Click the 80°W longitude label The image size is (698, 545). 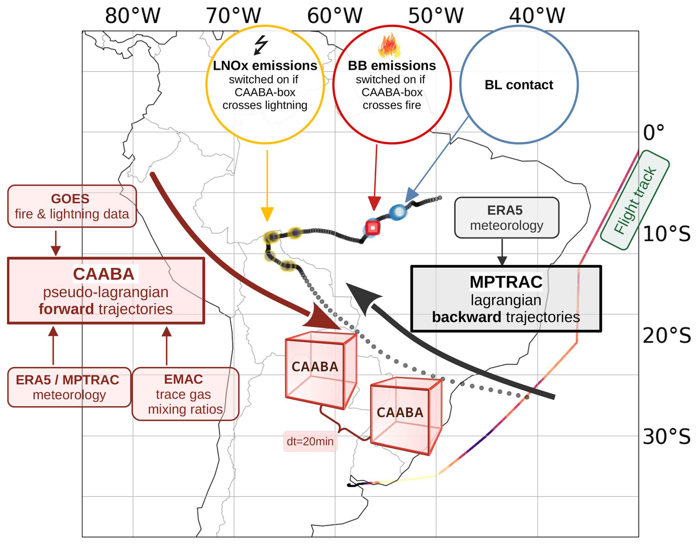pyautogui.click(x=133, y=16)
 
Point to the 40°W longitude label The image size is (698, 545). pyautogui.click(x=537, y=16)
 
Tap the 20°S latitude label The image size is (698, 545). pyautogui.click(x=667, y=336)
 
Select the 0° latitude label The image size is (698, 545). pyautogui.click(x=654, y=133)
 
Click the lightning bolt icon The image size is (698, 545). pyautogui.click(x=261, y=45)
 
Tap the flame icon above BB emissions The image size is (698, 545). pyautogui.click(x=389, y=46)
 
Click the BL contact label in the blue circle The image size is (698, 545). pyautogui.click(x=519, y=85)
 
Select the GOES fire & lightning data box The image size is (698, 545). pyautogui.click(x=72, y=206)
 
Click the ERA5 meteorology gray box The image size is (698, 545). pyautogui.click(x=507, y=217)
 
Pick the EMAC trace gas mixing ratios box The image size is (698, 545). pyautogui.click(x=185, y=394)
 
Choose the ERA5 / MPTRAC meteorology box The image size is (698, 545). pyautogui.click(x=69, y=387)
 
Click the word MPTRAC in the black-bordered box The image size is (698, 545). pyautogui.click(x=506, y=282)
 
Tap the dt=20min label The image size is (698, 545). pyautogui.click(x=310, y=441)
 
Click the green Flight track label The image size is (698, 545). pyautogui.click(x=635, y=200)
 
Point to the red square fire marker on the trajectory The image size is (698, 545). pyautogui.click(x=373, y=228)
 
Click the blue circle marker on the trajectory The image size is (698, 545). pyautogui.click(x=398, y=212)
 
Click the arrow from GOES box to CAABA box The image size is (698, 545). pyautogui.click(x=56, y=243)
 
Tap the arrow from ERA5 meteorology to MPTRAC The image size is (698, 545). pyautogui.click(x=502, y=252)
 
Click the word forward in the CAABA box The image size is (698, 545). pyautogui.click(x=66, y=309)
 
